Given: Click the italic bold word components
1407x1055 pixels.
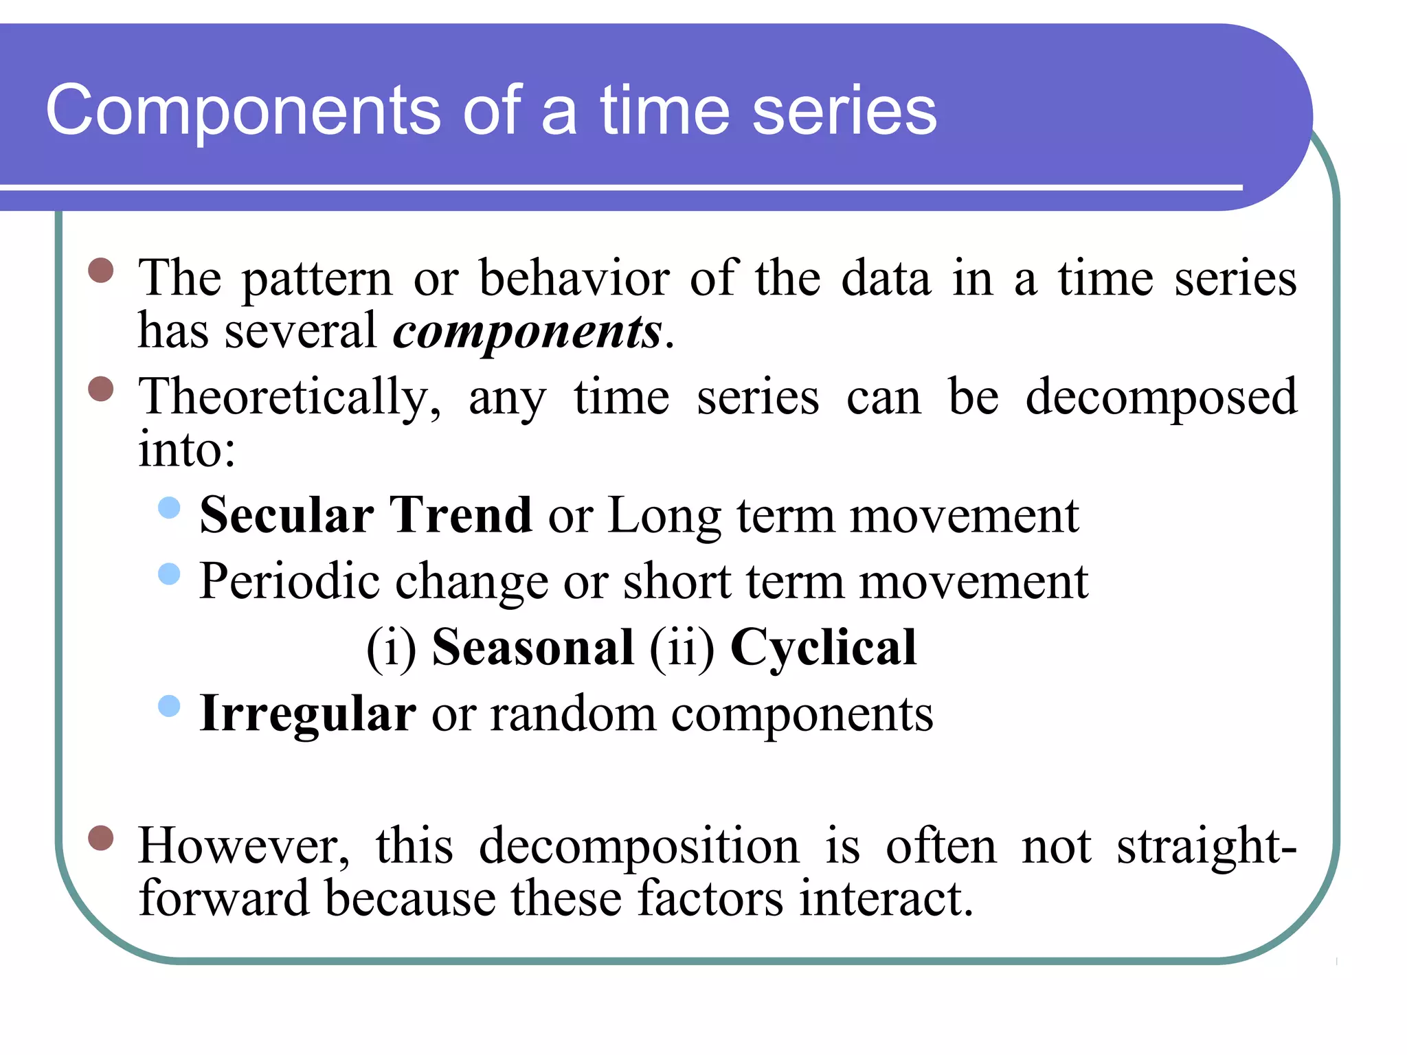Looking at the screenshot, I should tap(527, 332).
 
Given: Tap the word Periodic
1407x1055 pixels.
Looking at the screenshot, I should tap(289, 581).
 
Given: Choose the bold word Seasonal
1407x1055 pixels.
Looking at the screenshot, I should tap(532, 647).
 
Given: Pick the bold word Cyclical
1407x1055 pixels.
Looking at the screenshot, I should tap(823, 647).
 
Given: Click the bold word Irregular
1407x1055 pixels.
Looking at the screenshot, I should tap(308, 714).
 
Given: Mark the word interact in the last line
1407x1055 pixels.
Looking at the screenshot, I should tap(886, 898).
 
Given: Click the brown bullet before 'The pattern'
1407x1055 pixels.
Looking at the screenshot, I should tap(101, 271).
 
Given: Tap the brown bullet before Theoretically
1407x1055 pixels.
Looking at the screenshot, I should tap(101, 389).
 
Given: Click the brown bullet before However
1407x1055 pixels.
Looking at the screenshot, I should tap(101, 838).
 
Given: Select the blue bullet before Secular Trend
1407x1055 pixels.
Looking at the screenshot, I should tap(169, 508).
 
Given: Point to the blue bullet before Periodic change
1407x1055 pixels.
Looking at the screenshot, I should tap(169, 574).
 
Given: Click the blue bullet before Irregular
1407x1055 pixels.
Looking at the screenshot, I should tap(169, 706).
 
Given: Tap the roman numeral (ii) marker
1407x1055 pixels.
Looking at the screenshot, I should tap(682, 647).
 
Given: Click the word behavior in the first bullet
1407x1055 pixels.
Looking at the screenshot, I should tap(574, 278).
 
